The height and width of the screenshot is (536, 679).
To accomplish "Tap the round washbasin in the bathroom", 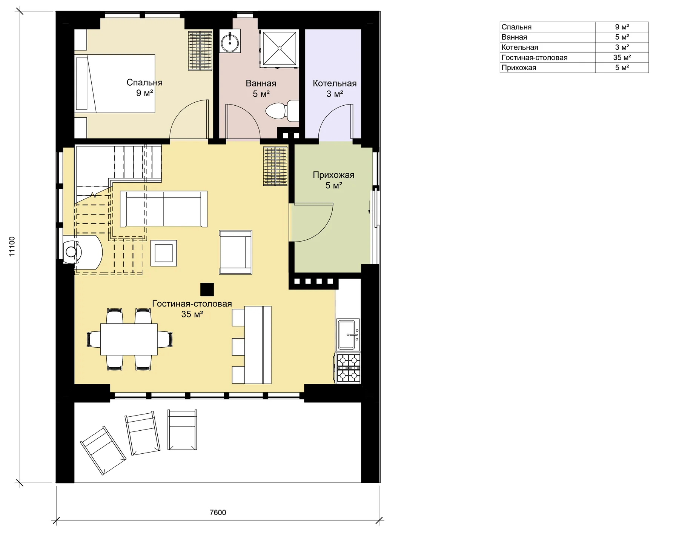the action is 230,42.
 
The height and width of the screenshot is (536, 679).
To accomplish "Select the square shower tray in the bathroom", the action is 279,48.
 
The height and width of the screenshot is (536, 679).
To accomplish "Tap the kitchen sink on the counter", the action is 348,335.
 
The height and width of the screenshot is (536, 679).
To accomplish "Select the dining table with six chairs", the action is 129,339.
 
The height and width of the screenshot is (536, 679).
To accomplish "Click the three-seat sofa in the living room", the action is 163,209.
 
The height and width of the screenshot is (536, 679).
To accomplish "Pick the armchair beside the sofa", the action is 235,252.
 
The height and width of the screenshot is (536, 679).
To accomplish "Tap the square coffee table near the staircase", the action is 163,253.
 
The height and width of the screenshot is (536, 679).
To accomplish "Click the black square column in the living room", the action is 207,290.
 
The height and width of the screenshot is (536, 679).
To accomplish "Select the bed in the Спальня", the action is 115,84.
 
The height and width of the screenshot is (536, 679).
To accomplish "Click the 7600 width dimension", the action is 218,512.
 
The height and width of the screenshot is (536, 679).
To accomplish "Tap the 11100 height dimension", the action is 12,247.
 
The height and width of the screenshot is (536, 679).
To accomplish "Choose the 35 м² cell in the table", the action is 622,57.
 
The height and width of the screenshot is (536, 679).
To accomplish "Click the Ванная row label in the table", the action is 514,37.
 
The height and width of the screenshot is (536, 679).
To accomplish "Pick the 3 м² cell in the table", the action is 622,47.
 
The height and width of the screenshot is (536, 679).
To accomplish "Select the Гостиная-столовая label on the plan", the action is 192,304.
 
